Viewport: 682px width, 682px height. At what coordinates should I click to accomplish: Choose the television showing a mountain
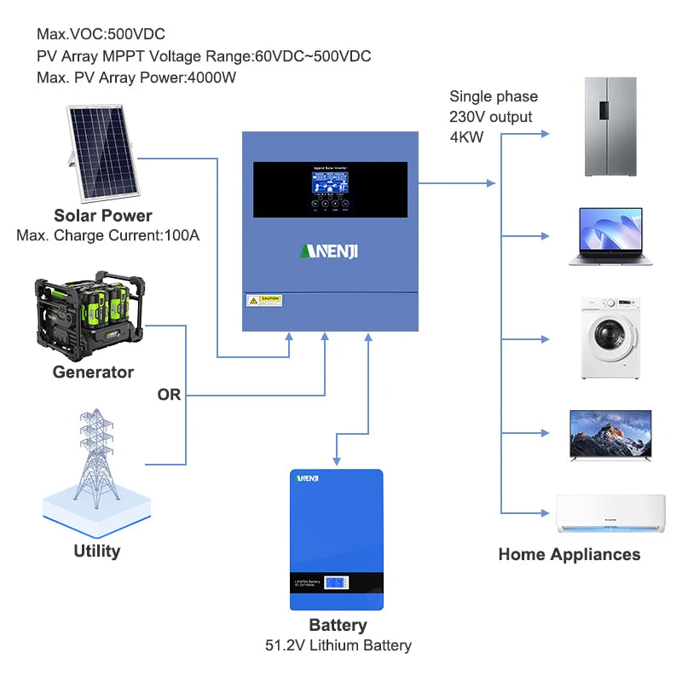pyautogui.click(x=610, y=434)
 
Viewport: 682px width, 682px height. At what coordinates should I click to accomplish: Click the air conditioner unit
pyautogui.click(x=610, y=513)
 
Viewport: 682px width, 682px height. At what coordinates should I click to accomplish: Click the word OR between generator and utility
pyautogui.click(x=169, y=396)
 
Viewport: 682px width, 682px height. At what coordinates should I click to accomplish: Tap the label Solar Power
pyautogui.click(x=103, y=216)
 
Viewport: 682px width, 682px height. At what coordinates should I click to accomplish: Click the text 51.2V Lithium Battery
pyautogui.click(x=338, y=645)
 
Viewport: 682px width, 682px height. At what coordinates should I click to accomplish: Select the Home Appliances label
pyautogui.click(x=569, y=555)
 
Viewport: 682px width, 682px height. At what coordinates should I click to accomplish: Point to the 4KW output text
pyautogui.click(x=466, y=136)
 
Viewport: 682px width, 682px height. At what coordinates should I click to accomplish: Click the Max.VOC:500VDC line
pyautogui.click(x=101, y=35)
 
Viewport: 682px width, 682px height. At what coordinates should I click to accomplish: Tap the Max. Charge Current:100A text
pyautogui.click(x=107, y=235)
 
